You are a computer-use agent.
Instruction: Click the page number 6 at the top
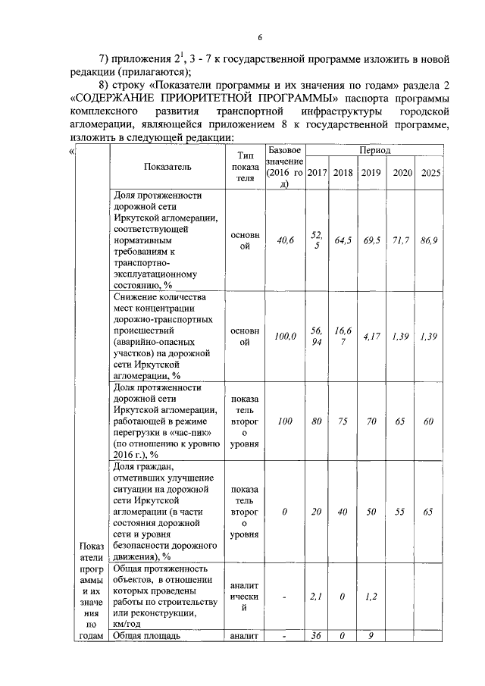[x=259, y=37]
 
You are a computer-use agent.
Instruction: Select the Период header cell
[x=375, y=151]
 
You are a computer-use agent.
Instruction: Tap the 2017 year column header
[x=318, y=173]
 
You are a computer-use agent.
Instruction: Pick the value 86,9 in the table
[x=429, y=240]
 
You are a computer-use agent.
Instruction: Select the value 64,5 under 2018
[x=343, y=240]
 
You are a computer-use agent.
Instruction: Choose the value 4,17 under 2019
[x=371, y=336]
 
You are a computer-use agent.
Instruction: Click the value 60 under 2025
[x=428, y=421]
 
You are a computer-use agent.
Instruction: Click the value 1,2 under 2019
[x=371, y=597]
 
